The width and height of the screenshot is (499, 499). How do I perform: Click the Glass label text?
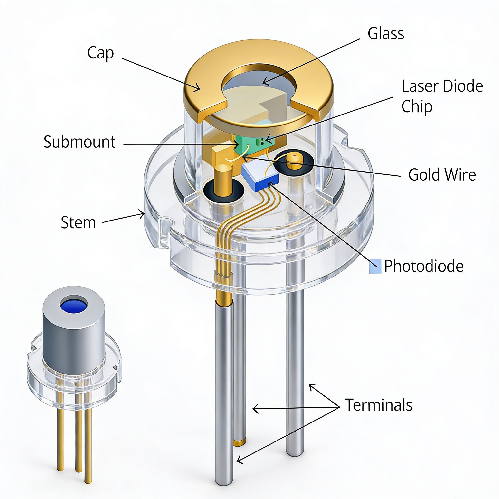(x=386, y=34)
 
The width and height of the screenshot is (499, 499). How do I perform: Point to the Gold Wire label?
(x=442, y=175)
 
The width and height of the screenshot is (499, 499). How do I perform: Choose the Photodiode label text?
(x=424, y=266)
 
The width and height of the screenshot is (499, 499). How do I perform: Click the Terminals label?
(x=379, y=405)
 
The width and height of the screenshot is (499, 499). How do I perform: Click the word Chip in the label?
(x=417, y=107)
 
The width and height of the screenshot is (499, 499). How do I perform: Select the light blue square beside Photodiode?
(x=375, y=266)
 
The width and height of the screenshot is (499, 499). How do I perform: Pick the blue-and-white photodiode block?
(x=260, y=177)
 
